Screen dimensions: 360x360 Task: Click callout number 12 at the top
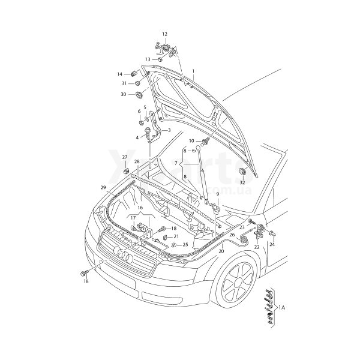click(x=164, y=34)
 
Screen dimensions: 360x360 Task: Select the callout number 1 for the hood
click(x=193, y=71)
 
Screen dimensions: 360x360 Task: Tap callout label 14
click(x=119, y=74)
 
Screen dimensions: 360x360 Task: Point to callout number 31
click(x=124, y=83)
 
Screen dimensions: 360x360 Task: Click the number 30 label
click(x=123, y=94)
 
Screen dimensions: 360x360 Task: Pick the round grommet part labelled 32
click(x=242, y=173)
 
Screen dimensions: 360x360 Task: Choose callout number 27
click(x=125, y=157)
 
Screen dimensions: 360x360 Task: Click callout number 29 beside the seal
click(x=103, y=187)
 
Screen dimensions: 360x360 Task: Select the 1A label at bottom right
click(x=282, y=307)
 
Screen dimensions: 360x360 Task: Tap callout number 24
click(x=272, y=245)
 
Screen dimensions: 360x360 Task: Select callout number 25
click(x=185, y=245)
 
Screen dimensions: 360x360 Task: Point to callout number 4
click(x=137, y=137)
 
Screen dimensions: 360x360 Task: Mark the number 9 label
click(x=217, y=194)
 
